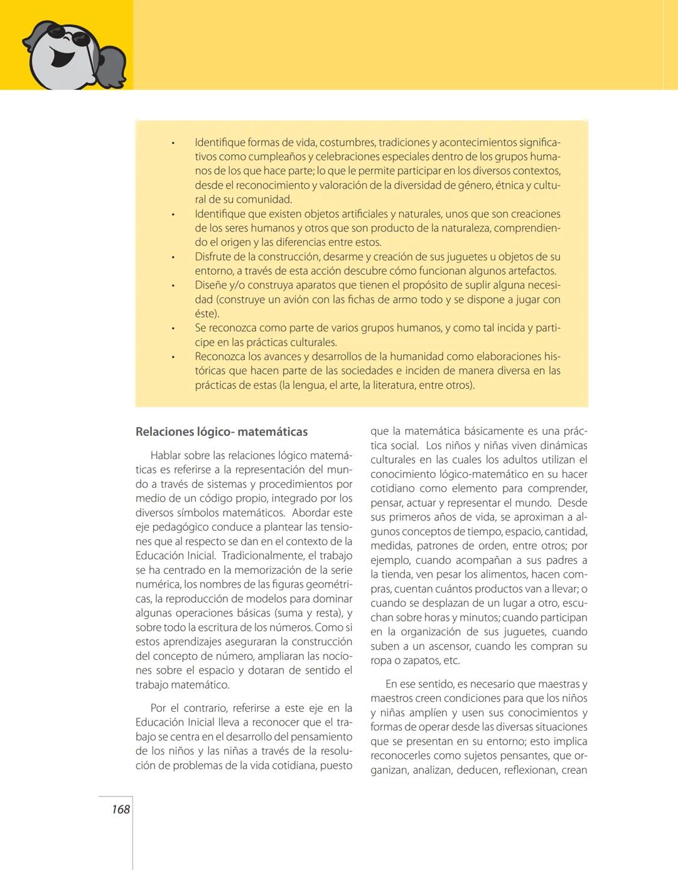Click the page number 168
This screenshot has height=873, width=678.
click(x=121, y=809)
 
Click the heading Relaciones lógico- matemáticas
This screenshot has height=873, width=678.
click(x=222, y=431)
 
